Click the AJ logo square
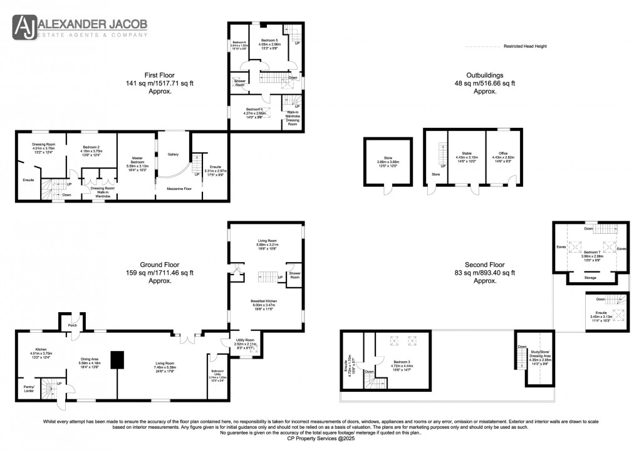pos(25,28)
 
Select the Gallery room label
pos(174,154)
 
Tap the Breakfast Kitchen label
pos(266,301)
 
